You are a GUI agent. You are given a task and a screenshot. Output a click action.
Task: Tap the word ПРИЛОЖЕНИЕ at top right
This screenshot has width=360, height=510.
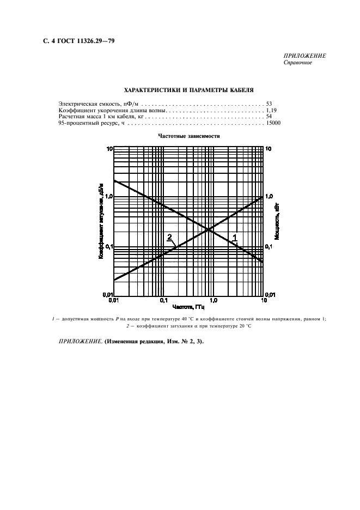click(x=304, y=56)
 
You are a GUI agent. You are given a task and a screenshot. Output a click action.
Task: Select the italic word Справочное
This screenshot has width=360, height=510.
click(x=297, y=63)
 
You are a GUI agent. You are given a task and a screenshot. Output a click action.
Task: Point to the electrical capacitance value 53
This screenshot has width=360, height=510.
click(x=269, y=102)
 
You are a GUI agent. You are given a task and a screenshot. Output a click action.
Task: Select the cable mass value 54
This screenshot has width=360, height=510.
click(x=269, y=117)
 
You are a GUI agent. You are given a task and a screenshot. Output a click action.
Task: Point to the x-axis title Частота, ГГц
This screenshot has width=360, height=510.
click(x=188, y=307)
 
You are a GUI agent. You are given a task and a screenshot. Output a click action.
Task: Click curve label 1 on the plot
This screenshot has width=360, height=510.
click(x=235, y=236)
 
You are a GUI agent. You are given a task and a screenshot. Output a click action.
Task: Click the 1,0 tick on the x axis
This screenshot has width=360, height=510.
click(x=213, y=300)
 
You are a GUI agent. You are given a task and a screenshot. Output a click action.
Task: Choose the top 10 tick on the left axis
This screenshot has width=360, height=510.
click(x=109, y=148)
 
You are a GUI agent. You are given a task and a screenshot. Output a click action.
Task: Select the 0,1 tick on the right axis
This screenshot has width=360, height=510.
click(x=269, y=247)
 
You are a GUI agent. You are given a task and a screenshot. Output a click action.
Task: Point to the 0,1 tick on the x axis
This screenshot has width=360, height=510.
click(x=163, y=300)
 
